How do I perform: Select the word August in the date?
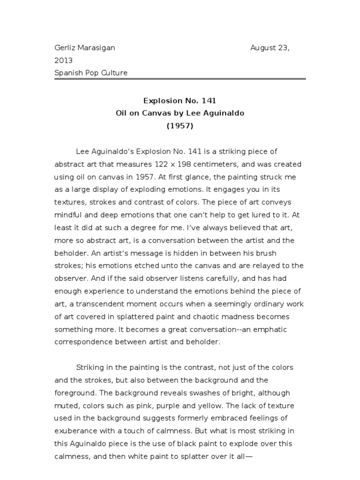point(264,48)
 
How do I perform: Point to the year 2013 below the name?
point(63,60)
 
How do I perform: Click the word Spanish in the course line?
point(69,73)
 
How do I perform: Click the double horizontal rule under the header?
point(180,79)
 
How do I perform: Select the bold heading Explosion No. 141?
point(180,100)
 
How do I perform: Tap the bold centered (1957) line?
point(180,126)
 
